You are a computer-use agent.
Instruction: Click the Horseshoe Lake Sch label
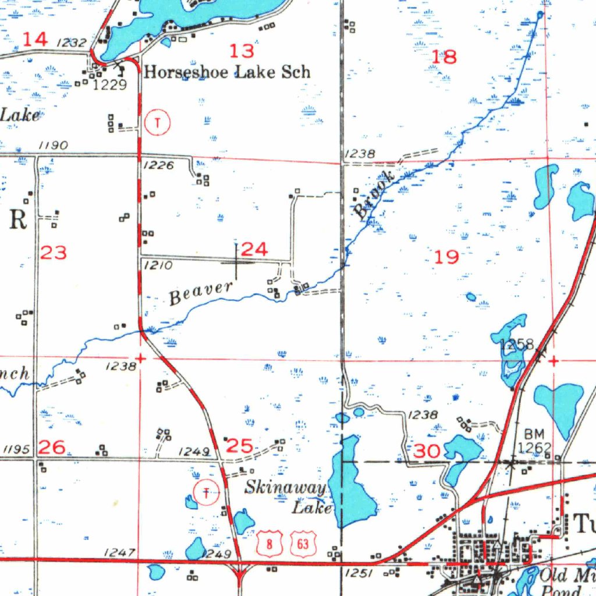227,72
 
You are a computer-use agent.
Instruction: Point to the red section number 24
254,250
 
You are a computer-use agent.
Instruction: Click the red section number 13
242,51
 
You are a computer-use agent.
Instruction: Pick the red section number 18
445,57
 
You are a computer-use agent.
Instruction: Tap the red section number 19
447,257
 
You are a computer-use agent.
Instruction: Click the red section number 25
239,446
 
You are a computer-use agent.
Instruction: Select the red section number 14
35,40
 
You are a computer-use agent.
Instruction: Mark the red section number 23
54,253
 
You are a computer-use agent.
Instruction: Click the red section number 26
52,447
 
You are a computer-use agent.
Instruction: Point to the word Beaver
201,293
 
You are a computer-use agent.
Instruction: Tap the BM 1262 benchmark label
534,441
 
